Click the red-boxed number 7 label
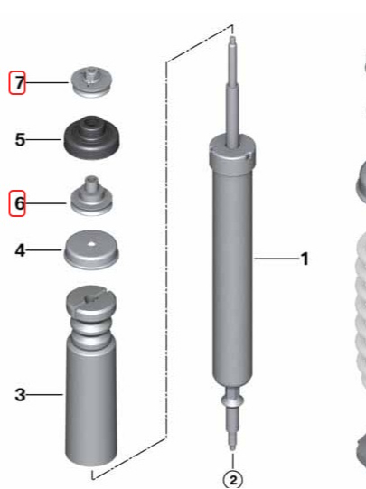tap(17, 82)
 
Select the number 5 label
tap(20, 139)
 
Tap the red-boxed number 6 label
tap(17, 203)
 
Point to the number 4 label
tap(20, 250)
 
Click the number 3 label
tap(20, 395)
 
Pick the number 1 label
tap(305, 259)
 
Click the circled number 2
tap(233, 480)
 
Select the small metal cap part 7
tap(91, 82)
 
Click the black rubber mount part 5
tap(92, 138)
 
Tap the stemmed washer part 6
tap(91, 196)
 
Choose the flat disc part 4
tap(91, 249)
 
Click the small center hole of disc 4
tap(91, 244)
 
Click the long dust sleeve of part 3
tap(91, 402)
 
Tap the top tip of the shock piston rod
tap(232, 38)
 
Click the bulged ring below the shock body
tap(232, 400)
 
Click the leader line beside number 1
tap(277, 259)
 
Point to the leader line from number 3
tap(44, 395)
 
